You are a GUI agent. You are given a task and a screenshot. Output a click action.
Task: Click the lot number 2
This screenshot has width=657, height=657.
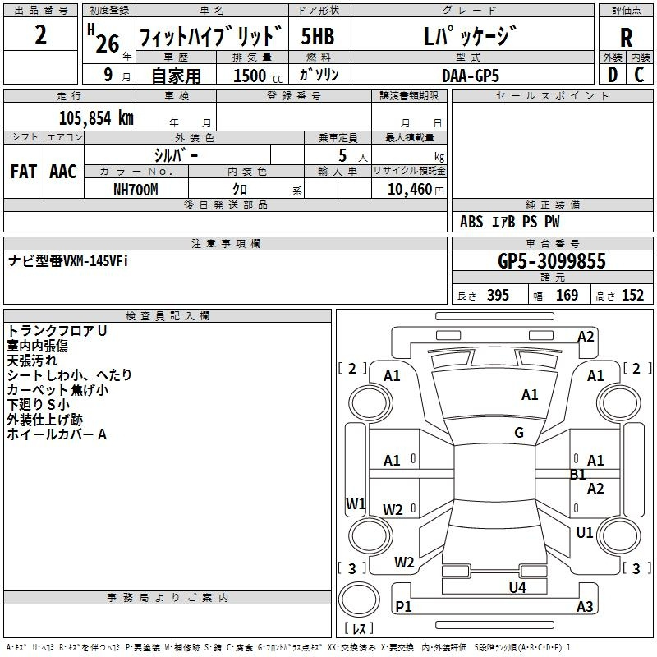41,36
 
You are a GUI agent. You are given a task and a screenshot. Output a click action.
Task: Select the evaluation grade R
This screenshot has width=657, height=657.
626,38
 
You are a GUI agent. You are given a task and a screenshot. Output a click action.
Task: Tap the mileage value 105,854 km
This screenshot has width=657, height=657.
96,117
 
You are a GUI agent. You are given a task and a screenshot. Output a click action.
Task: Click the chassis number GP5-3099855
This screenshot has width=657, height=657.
552,261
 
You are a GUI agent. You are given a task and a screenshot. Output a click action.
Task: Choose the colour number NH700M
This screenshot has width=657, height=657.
136,189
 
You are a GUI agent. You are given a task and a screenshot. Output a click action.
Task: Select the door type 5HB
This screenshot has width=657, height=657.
318,37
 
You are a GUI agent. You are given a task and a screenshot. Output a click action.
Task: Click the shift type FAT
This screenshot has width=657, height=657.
23,172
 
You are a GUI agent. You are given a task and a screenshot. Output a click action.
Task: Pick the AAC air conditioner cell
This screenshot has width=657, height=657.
62,172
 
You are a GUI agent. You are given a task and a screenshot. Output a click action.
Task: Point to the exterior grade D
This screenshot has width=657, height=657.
612,75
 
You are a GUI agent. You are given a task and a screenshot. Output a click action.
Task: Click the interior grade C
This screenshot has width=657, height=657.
639,75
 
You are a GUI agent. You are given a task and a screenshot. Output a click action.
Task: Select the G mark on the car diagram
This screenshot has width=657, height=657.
519,433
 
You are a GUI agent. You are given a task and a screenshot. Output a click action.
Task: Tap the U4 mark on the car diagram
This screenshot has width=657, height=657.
517,588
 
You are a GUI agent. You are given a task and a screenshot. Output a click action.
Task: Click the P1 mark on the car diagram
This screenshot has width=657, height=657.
403,606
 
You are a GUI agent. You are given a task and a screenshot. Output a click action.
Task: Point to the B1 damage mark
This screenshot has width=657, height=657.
577,475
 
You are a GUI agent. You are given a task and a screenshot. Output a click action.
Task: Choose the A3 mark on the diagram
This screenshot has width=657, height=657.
585,607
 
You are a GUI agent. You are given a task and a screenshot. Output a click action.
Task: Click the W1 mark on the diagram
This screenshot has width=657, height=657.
355,503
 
